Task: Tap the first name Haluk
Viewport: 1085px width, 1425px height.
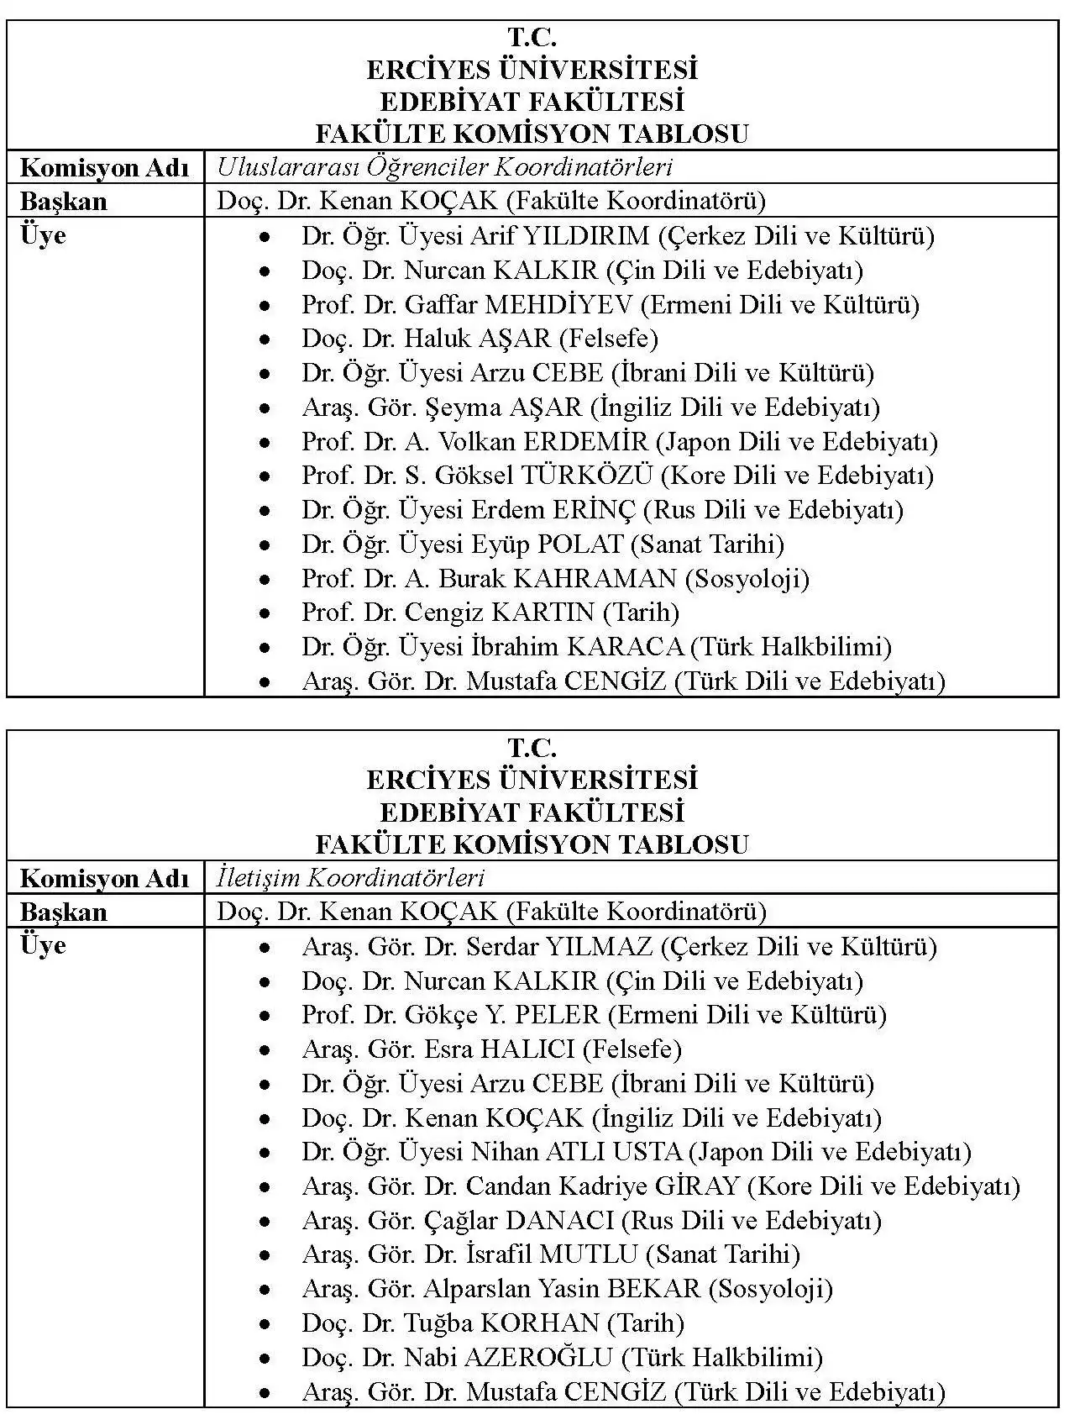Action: click(437, 339)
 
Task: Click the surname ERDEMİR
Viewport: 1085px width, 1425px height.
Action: click(585, 442)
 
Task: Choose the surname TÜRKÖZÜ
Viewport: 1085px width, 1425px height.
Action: click(587, 476)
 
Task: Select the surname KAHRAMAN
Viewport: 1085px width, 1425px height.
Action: click(595, 579)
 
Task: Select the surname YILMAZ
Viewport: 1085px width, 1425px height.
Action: click(599, 947)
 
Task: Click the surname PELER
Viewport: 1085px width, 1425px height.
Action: click(557, 1015)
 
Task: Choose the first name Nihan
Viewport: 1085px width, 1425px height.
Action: click(504, 1152)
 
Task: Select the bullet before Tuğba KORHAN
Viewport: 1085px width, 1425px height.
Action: click(265, 1324)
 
